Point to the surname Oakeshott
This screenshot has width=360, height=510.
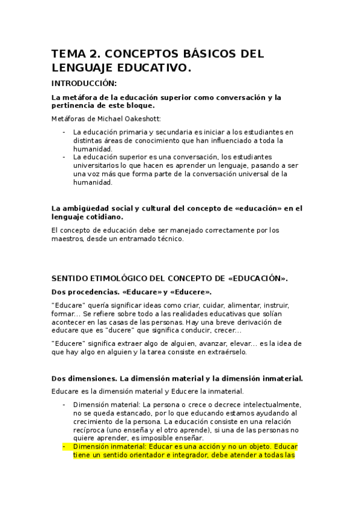coord(144,118)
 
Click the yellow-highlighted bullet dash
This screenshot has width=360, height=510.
coord(64,448)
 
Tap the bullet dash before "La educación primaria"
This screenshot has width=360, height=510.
coord(64,132)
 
